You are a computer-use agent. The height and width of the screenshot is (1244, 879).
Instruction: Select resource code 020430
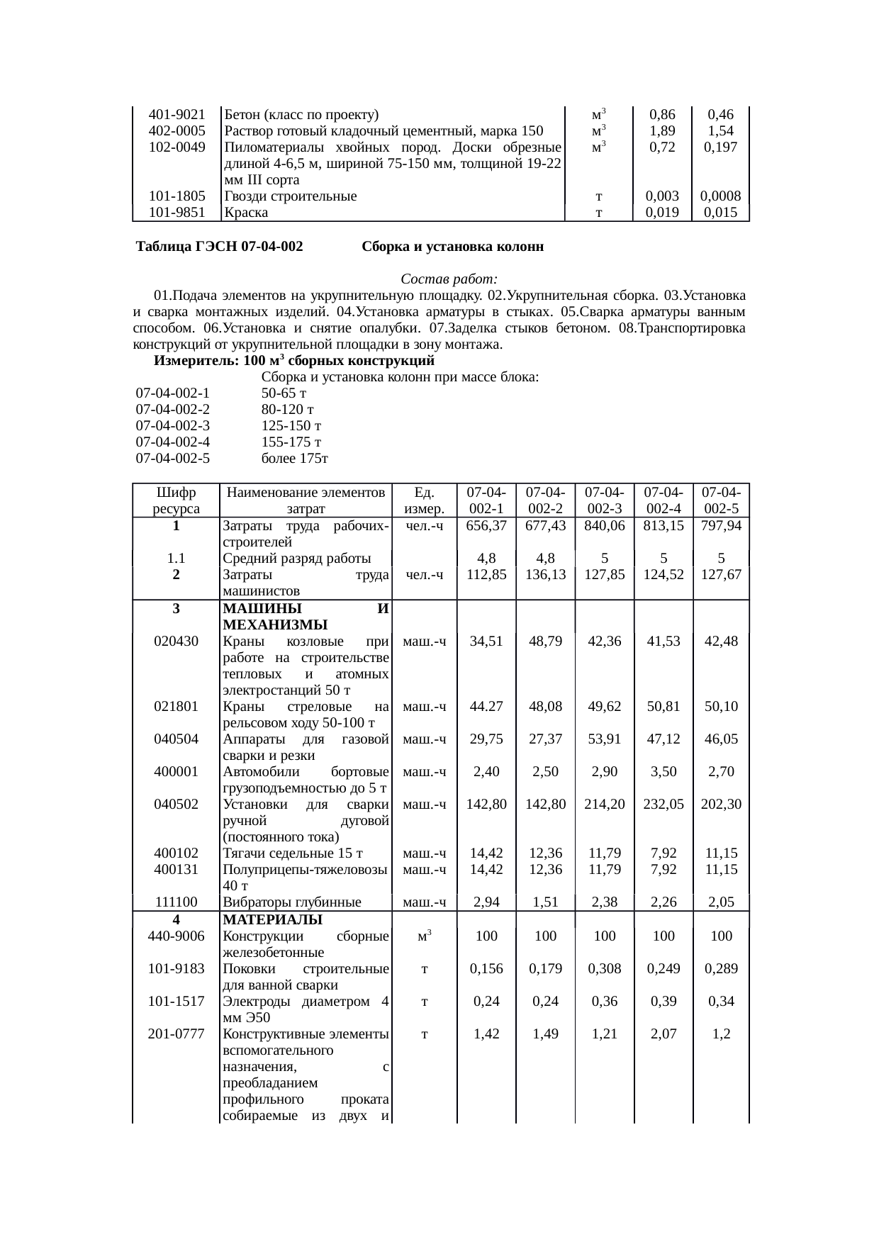[x=176, y=641]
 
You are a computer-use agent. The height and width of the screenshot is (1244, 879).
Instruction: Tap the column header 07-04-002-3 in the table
[x=604, y=500]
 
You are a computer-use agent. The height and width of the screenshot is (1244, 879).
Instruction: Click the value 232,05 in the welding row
[x=663, y=804]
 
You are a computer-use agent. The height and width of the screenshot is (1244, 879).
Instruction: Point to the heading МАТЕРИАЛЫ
[x=272, y=919]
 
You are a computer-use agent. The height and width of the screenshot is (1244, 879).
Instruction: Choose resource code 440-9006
[x=176, y=936]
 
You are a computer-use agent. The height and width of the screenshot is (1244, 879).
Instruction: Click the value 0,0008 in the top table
[x=720, y=196]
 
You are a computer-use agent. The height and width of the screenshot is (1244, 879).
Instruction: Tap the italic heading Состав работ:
[x=449, y=279]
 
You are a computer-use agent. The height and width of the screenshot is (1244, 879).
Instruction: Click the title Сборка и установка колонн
[x=452, y=247]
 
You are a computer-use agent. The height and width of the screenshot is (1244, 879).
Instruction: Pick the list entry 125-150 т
[x=291, y=425]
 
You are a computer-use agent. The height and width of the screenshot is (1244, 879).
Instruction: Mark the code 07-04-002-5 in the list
[x=173, y=458]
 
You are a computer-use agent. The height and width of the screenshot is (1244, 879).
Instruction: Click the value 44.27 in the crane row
[x=486, y=706]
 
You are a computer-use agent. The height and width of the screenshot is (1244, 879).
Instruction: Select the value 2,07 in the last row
[x=663, y=1033]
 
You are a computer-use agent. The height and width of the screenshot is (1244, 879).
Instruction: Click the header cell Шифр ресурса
[x=176, y=500]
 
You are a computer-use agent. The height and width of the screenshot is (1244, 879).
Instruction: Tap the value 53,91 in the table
[x=604, y=739]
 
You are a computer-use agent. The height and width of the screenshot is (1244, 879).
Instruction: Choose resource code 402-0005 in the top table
[x=177, y=130]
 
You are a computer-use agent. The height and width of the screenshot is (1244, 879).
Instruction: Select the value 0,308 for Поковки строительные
[x=604, y=968]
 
